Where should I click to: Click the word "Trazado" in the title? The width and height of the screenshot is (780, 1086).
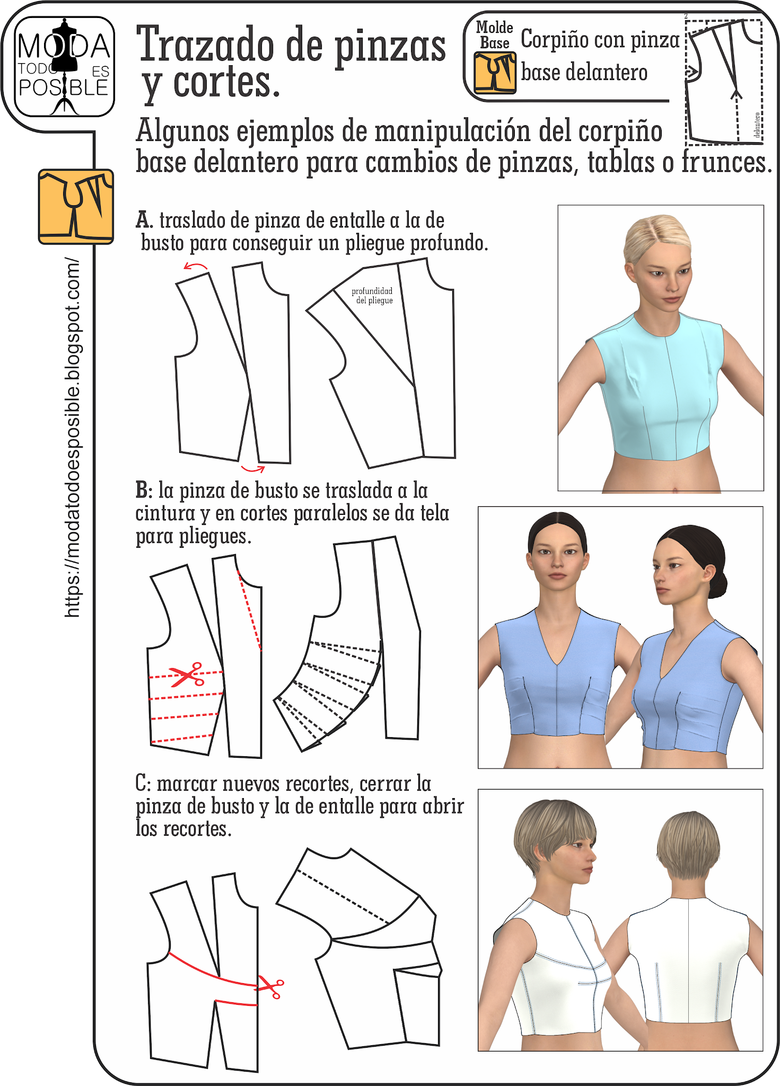tap(206, 45)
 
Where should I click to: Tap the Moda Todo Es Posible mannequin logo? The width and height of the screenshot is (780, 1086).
tap(64, 67)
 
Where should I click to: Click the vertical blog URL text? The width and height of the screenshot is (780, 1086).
tap(72, 437)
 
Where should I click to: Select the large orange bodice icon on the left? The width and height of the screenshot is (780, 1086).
tap(76, 207)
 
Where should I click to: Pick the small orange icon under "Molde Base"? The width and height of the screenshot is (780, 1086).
tap(495, 73)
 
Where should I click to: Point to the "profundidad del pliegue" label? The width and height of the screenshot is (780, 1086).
tap(372, 295)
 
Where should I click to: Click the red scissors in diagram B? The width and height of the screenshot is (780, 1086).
tap(187, 675)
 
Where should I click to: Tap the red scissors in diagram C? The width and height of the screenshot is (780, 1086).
tap(270, 987)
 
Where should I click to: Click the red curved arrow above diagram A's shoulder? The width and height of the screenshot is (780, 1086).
tap(196, 266)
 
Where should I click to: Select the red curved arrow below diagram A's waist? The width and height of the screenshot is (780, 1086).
tap(253, 469)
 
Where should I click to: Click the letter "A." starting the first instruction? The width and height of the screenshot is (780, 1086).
tap(144, 220)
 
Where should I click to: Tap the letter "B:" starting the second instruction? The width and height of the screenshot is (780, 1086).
tap(144, 490)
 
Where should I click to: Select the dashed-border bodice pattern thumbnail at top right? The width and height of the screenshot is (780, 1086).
tap(723, 80)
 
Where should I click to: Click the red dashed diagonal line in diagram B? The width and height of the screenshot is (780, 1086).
tap(250, 610)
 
